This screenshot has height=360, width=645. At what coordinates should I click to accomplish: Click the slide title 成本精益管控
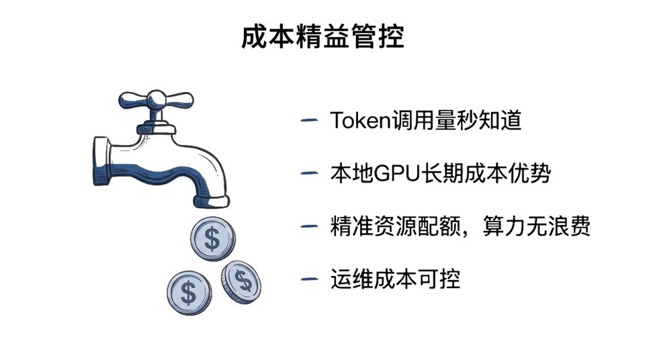pos(322,37)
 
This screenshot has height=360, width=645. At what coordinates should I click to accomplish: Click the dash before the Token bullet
pos(309,121)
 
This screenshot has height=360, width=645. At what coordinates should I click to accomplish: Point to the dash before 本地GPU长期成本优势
pos(309,173)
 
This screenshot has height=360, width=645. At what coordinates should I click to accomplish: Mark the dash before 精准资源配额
pos(309,226)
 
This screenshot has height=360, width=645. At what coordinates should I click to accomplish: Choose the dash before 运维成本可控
pos(309,278)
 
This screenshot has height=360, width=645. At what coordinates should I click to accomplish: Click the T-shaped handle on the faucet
pos(156,101)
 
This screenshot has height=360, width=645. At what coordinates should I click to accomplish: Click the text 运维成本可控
pos(395,278)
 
